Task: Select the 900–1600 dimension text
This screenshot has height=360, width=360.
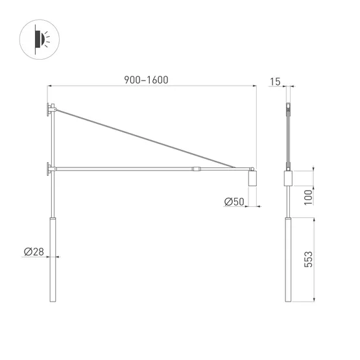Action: [146, 80]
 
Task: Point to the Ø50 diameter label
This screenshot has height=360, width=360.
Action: [234, 202]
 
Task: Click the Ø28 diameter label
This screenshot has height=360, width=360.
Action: [33, 252]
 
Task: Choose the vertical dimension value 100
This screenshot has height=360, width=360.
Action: [309, 196]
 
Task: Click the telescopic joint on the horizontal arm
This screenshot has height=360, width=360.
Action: [197, 169]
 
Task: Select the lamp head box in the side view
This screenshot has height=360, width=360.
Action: [288, 179]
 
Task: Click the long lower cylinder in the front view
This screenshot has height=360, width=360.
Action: [53, 259]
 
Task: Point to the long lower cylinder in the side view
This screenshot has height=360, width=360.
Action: [288, 259]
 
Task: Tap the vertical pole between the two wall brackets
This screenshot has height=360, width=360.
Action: [53, 139]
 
